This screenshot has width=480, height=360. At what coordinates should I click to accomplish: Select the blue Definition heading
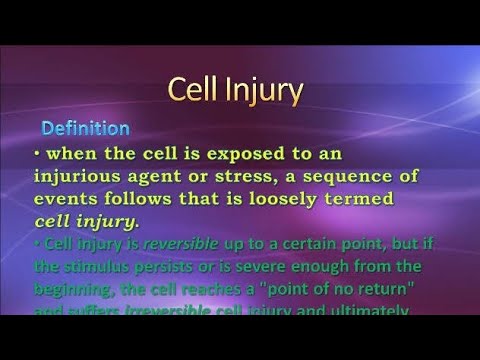[85, 129]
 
